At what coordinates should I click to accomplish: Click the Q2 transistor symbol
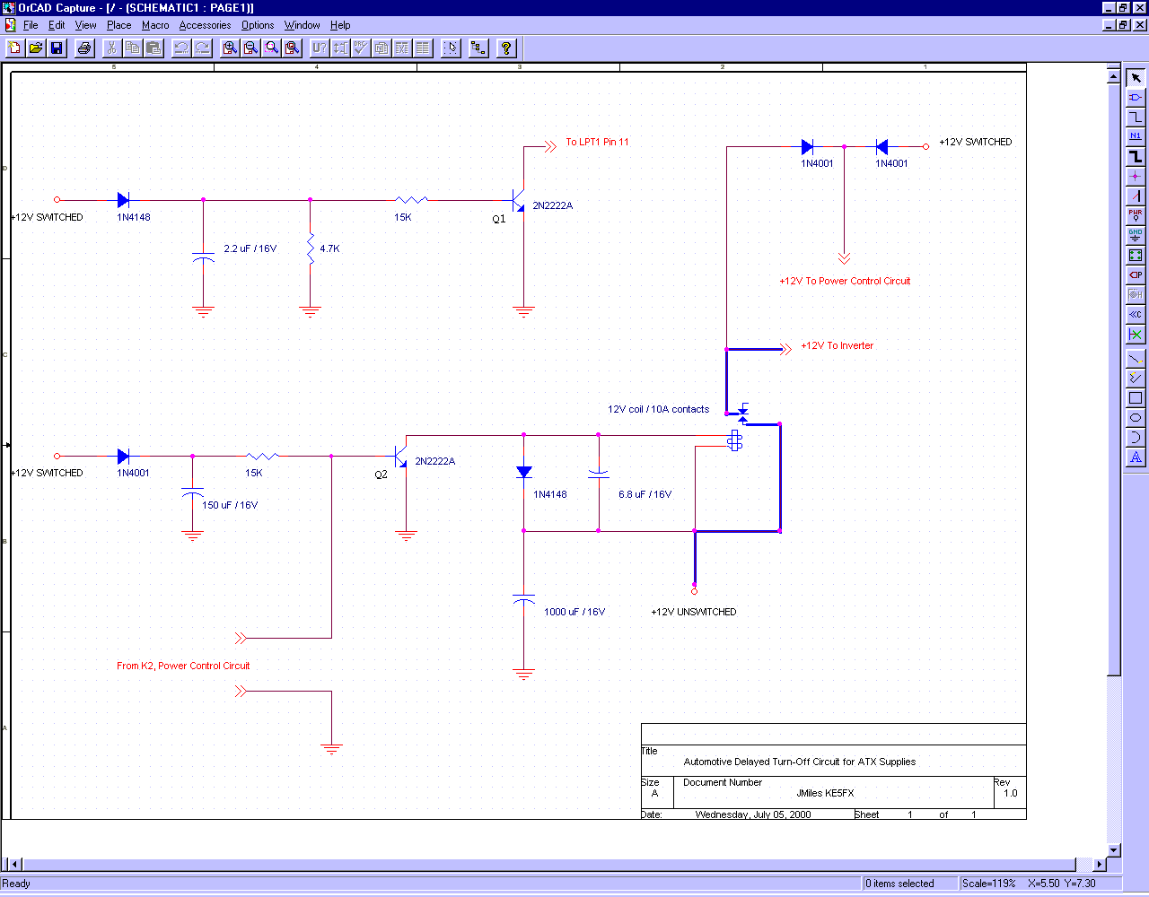400,457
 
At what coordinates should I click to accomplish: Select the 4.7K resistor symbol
311,248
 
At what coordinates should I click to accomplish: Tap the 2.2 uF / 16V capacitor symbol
203,257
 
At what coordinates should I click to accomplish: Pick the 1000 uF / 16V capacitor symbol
523,598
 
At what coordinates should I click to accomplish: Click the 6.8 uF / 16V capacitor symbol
599,474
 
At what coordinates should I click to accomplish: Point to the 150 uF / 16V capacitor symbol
192,492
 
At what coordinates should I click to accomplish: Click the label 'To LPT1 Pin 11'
597,142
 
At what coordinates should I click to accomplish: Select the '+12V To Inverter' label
837,345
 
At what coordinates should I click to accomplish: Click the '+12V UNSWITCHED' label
694,612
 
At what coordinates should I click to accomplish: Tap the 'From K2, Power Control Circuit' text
183,666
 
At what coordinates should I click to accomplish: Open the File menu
31,25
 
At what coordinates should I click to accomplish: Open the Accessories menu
205,25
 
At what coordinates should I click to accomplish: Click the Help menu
340,25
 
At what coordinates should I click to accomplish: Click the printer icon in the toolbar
84,48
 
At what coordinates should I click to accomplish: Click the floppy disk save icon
57,48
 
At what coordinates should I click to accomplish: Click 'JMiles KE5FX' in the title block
825,793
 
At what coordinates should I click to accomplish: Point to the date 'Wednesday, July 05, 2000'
753,814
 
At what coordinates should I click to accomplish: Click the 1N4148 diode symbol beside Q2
523,472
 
